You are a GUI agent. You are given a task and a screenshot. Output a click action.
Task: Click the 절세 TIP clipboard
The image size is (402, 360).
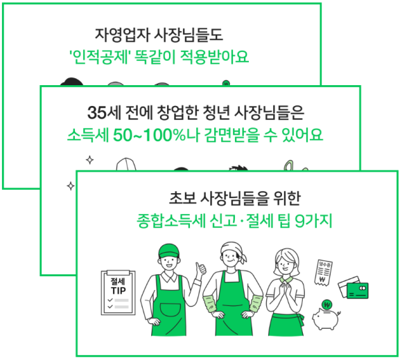(x=119, y=292)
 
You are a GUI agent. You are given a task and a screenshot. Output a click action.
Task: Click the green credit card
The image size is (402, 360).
(x=358, y=291)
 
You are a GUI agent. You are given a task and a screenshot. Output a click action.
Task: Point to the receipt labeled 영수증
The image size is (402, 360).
(x=323, y=272)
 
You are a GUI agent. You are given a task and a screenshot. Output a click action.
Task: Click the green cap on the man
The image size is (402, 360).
(x=168, y=251)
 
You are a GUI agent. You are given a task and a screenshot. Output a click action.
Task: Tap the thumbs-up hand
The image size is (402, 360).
(x=201, y=269)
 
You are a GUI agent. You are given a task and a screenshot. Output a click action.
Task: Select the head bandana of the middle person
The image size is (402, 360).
(x=233, y=250)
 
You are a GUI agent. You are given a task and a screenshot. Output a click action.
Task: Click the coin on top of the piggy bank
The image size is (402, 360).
(x=327, y=305)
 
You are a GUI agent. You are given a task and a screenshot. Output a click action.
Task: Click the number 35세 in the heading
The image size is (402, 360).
(x=105, y=112)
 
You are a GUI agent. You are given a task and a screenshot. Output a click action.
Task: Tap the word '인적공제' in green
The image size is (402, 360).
(x=99, y=57)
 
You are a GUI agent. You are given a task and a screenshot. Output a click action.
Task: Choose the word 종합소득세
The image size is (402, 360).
(x=171, y=220)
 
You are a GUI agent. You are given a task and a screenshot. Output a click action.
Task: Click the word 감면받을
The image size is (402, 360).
(x=232, y=135)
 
